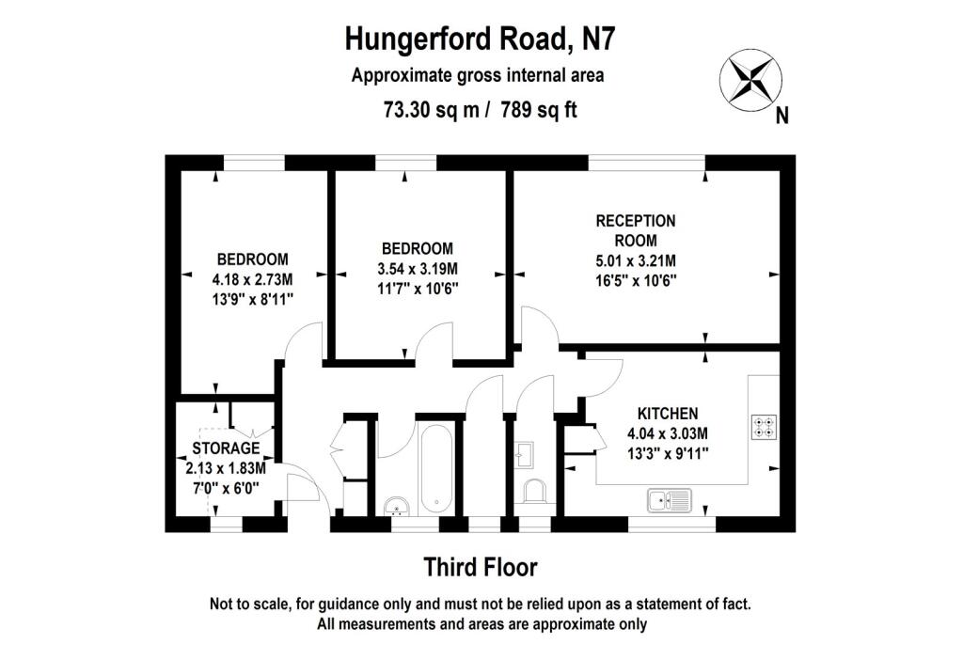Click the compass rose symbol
point(750,81)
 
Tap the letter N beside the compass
point(781,116)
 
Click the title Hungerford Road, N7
point(480,39)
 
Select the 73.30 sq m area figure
point(431,110)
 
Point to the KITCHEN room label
point(668,414)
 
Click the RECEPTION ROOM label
point(636,230)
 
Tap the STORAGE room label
point(226,448)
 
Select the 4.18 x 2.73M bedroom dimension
point(252,280)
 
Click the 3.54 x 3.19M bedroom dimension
point(418,269)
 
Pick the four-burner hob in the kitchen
point(764,427)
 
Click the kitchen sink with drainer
point(669,500)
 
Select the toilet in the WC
point(535,491)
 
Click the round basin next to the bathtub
point(398,506)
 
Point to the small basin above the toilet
point(524,454)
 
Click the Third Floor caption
point(481,567)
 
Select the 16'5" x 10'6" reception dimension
point(636,281)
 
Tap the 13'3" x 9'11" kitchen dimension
point(668,454)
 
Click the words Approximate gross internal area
point(477,75)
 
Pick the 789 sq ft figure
point(539,110)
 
